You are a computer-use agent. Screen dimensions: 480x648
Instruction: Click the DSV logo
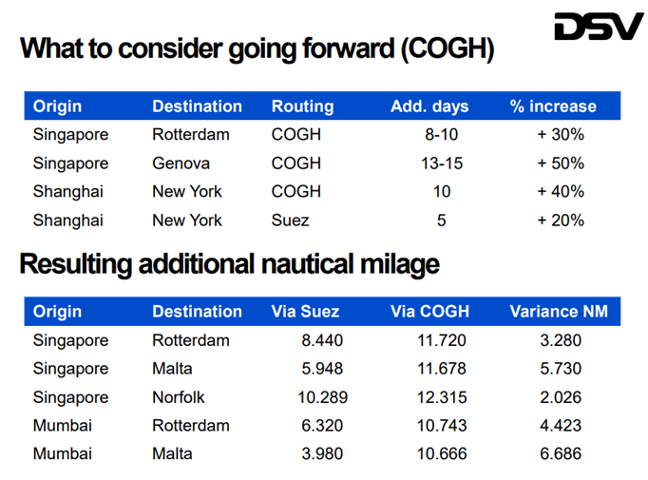pos(599,27)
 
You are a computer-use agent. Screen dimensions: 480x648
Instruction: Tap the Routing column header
pos(302,106)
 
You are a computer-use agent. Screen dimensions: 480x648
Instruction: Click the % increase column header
pos(554,106)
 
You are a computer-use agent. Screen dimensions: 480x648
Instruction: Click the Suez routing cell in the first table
pos(291,221)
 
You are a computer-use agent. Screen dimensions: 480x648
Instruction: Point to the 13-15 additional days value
pos(442,163)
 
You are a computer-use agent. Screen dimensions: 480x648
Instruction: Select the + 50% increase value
pos(561,163)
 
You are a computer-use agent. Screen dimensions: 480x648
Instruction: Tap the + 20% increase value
pos(561,221)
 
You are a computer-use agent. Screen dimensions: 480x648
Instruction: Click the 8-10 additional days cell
pos(442,135)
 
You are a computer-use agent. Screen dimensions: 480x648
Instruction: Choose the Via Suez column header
pos(306,312)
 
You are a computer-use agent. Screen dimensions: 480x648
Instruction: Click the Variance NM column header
pos(559,312)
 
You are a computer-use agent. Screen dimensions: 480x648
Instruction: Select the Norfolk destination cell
pos(179,397)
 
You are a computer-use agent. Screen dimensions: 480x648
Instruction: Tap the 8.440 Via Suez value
pos(321,340)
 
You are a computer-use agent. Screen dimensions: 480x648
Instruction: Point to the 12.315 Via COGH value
pos(442,397)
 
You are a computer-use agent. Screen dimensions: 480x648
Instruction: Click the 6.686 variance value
pos(561,454)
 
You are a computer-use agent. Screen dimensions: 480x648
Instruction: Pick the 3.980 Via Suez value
pos(321,454)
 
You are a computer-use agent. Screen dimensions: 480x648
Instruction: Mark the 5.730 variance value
pos(561,369)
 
